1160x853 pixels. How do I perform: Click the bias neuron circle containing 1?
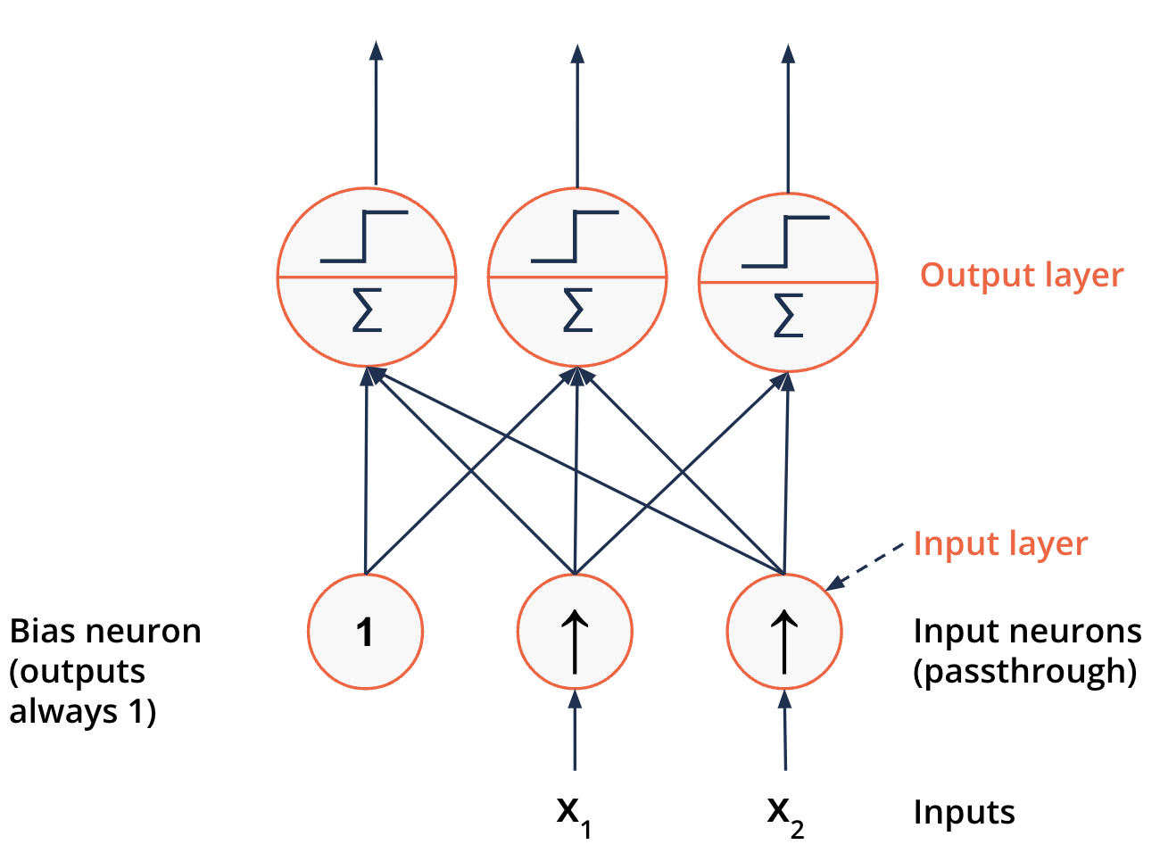365,632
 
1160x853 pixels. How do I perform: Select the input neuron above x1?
575,632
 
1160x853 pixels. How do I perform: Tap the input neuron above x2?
784,632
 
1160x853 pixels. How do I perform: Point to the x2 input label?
785,815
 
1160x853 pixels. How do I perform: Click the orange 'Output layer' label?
1022,276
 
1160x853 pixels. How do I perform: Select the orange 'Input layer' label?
1000,543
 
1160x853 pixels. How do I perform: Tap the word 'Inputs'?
964,812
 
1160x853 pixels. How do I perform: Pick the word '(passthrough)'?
1024,671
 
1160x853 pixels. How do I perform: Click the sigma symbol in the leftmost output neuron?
367,311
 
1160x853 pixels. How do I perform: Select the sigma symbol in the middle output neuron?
577,311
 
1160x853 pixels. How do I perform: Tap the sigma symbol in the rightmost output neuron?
788,316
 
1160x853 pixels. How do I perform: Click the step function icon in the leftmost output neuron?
364,236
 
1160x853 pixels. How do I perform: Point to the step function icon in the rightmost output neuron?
785,241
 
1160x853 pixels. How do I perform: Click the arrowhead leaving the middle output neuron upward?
577,54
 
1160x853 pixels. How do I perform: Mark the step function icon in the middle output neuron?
575,236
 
